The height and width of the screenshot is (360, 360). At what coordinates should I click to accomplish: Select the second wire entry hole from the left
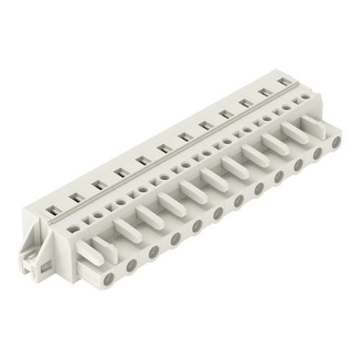point(132,265)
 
